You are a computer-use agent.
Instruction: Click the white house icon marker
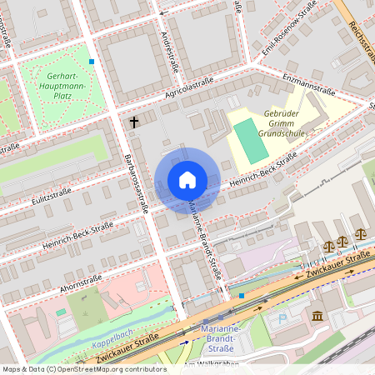[x=187, y=180]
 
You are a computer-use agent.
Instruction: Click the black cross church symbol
[x=133, y=122]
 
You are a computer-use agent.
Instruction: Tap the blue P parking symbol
[x=282, y=317]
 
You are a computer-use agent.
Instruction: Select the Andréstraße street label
[x=167, y=46]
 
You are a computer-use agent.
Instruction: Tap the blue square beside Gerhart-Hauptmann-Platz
[x=92, y=61]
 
